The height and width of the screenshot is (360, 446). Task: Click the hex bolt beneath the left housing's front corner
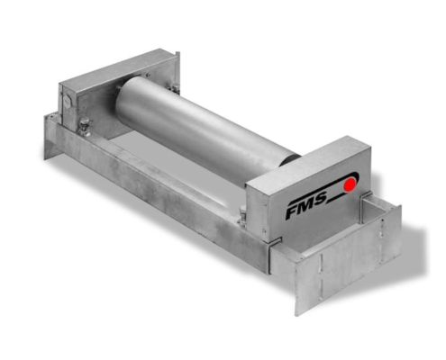click(85, 127)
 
